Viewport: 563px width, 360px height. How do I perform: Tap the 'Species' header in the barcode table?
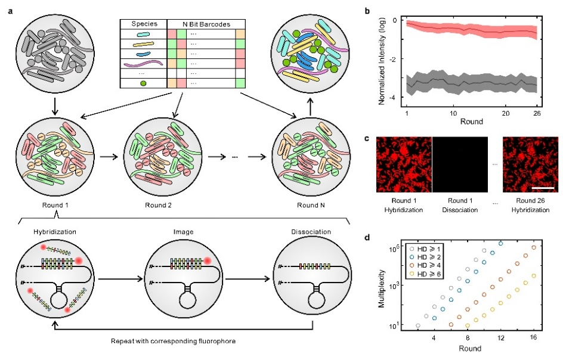click(143, 24)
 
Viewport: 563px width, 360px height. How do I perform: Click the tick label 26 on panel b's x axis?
click(536, 113)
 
